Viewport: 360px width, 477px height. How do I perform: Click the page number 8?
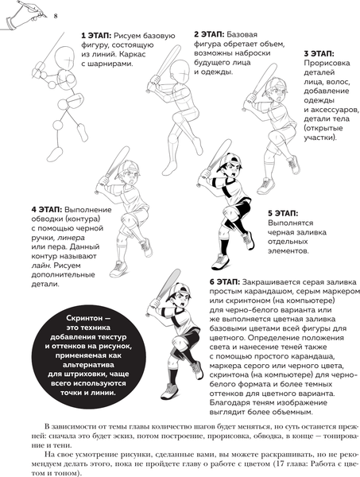pos(56,16)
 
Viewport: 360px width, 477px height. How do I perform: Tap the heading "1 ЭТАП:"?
pos(96,36)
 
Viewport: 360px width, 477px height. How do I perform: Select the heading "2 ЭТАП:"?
pos(209,34)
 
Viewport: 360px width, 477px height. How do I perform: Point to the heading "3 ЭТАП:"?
pos(319,54)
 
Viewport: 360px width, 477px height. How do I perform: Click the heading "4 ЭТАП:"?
pos(47,210)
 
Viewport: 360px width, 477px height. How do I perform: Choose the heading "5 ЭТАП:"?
pos(283,213)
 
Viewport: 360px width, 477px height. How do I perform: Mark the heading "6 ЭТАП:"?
pos(225,282)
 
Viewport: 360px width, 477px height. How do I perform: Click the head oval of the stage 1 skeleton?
pos(64,58)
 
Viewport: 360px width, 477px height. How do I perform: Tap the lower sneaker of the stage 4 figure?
pos(118,269)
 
